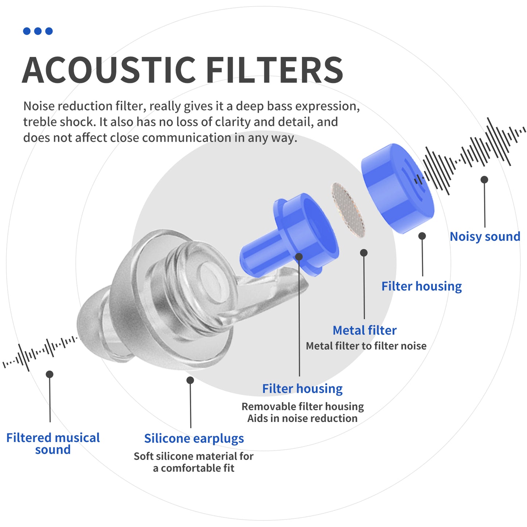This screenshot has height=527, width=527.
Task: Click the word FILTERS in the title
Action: [274, 70]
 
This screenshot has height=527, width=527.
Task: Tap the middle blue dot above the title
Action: [38, 31]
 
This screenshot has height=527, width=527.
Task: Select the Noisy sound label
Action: [485, 236]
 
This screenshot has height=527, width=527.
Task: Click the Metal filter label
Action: [364, 330]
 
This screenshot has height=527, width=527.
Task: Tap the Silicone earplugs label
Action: [194, 438]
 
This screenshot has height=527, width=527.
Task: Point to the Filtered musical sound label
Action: [53, 443]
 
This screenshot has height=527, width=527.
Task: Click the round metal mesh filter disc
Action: [348, 210]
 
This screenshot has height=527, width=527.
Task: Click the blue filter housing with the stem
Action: [292, 237]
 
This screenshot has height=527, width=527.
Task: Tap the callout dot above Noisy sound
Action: [484, 179]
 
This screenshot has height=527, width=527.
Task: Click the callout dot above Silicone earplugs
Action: [190, 380]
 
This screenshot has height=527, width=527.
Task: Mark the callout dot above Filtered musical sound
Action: [50, 374]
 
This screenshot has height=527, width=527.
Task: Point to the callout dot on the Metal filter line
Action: [364, 253]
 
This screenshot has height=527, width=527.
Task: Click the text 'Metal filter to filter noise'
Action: [366, 346]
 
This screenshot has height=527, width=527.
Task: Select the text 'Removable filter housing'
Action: [302, 406]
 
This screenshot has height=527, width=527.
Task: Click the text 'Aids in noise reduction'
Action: [302, 418]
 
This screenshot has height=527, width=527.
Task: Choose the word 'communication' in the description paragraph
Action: [186, 138]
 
